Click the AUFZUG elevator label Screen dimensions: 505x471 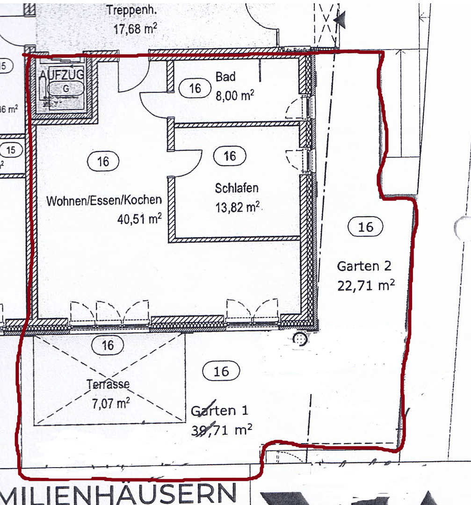tap(62, 74)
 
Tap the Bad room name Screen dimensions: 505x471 tap(225, 77)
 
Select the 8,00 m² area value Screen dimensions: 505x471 tap(235, 96)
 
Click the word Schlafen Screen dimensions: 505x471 tap(237, 188)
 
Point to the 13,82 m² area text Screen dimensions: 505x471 tap(238, 207)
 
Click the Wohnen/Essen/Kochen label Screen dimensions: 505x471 tap(104, 200)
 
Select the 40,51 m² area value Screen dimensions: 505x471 tap(140, 219)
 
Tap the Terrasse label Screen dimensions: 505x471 tap(108, 384)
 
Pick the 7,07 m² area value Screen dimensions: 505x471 tap(111, 403)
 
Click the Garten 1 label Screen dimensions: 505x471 tap(219, 411)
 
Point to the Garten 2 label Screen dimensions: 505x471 tap(364, 266)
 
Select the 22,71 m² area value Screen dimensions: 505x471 tap(366, 285)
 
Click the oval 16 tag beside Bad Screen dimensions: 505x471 tap(196, 88)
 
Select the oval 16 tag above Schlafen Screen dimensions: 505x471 tap(230, 156)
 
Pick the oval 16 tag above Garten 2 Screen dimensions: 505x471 tap(366, 227)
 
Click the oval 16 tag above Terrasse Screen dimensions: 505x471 tap(108, 345)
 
